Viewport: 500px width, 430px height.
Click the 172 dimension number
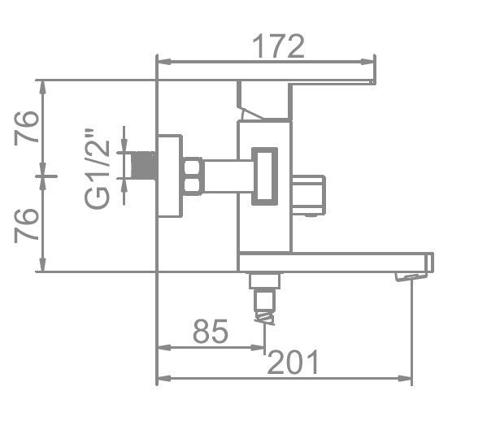tap(278, 46)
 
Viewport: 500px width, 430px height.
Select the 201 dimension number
tap(293, 362)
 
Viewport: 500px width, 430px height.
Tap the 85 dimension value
tap(211, 331)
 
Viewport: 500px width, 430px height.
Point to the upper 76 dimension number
tap(27, 128)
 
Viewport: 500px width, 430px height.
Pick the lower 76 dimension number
tap(27, 225)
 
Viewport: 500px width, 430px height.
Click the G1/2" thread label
tap(97, 168)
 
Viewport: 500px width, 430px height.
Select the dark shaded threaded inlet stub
tap(145, 165)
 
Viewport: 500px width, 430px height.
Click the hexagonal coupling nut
tap(193, 176)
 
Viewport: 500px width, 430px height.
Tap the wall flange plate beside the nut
tap(170, 176)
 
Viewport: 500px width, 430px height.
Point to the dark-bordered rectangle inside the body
tap(264, 176)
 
